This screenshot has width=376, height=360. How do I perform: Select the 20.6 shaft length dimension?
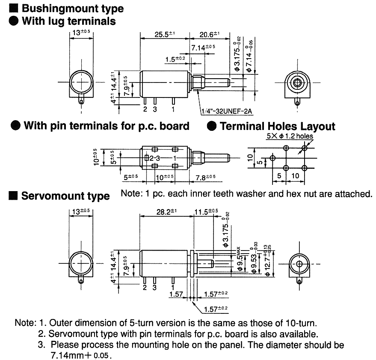pyautogui.click(x=209, y=35)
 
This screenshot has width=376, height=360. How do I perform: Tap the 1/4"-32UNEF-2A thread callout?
pyautogui.click(x=227, y=112)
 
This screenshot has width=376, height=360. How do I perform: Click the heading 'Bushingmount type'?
pyautogui.click(x=72, y=8)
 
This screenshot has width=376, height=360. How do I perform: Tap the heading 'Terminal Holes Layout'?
pyautogui.click(x=277, y=126)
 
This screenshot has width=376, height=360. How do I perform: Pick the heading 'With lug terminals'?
pyautogui.click(x=68, y=21)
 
